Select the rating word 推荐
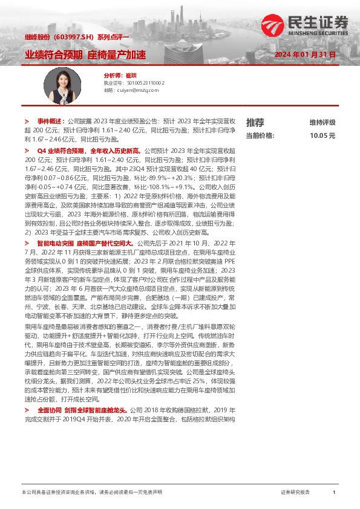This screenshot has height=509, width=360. (255, 122)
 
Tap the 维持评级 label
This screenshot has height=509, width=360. (322, 122)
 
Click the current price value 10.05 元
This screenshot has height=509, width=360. (322, 136)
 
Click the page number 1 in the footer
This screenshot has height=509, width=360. (334, 493)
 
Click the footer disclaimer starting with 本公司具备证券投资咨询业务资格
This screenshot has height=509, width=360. (91, 493)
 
